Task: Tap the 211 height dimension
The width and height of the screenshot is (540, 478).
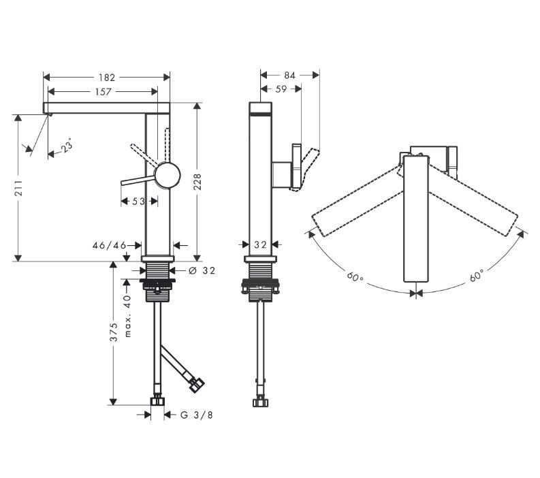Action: tap(18, 189)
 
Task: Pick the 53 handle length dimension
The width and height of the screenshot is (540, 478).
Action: tap(138, 201)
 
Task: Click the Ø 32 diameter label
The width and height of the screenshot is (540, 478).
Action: tap(202, 270)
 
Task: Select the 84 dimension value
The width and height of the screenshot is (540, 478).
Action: tap(289, 76)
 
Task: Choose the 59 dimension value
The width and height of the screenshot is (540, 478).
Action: tap(281, 89)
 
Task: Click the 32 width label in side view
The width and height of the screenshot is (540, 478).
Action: tap(259, 244)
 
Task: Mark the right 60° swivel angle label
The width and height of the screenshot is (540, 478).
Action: tap(476, 276)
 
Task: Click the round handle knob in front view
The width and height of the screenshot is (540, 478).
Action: tap(167, 176)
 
